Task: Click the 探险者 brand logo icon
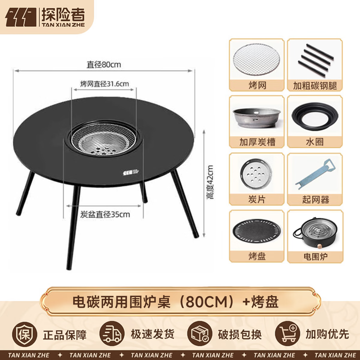[21, 16]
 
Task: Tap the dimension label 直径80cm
[104, 64]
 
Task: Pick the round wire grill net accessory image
[256, 58]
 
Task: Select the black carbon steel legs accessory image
[315, 60]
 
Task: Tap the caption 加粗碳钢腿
[315, 86]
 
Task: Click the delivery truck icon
[112, 334]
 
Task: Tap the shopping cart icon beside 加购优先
[288, 334]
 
